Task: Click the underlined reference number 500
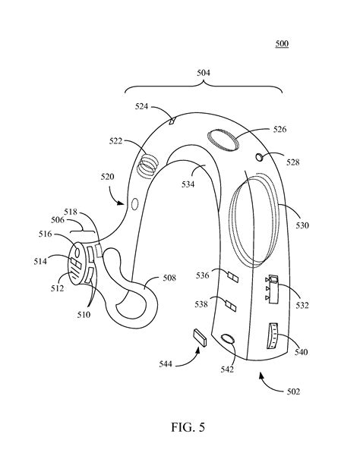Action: pyautogui.click(x=281, y=45)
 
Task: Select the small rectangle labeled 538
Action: pyautogui.click(x=231, y=307)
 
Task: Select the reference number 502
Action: pyautogui.click(x=292, y=392)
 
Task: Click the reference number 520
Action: pyautogui.click(x=106, y=177)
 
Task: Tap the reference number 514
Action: pyautogui.click(x=40, y=262)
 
